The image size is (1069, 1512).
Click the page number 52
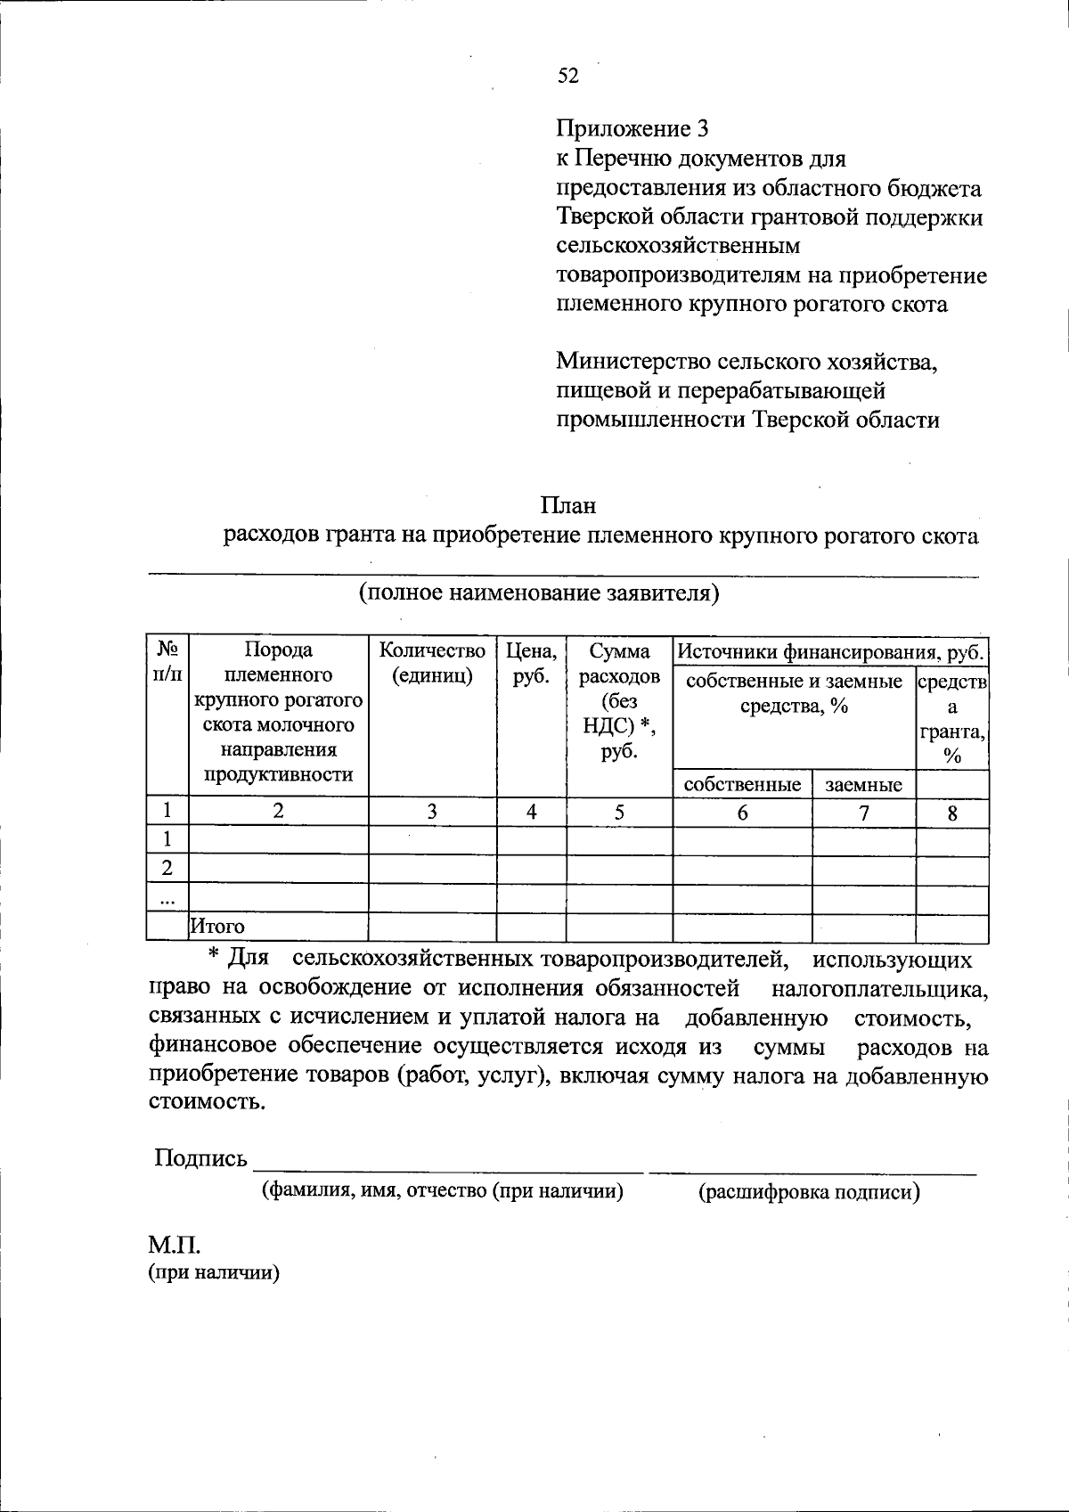point(568,77)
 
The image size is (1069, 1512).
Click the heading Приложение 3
point(632,129)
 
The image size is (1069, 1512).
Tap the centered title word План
point(567,505)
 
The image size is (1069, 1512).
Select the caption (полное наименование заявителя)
point(539,593)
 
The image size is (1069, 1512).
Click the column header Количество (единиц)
point(432,663)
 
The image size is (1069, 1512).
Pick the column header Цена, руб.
point(531,663)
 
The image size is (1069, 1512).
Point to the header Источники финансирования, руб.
point(830,652)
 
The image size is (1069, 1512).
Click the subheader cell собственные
point(742,784)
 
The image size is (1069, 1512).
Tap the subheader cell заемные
point(863,785)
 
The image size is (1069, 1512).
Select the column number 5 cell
point(619,812)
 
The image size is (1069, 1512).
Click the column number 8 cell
point(952,813)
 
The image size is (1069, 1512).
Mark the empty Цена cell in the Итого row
point(531,928)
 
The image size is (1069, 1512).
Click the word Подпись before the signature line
point(200,1157)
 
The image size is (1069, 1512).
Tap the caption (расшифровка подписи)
point(809,1192)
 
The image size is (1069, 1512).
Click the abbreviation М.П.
point(169,1244)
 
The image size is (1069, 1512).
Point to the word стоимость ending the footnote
point(206,1101)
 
